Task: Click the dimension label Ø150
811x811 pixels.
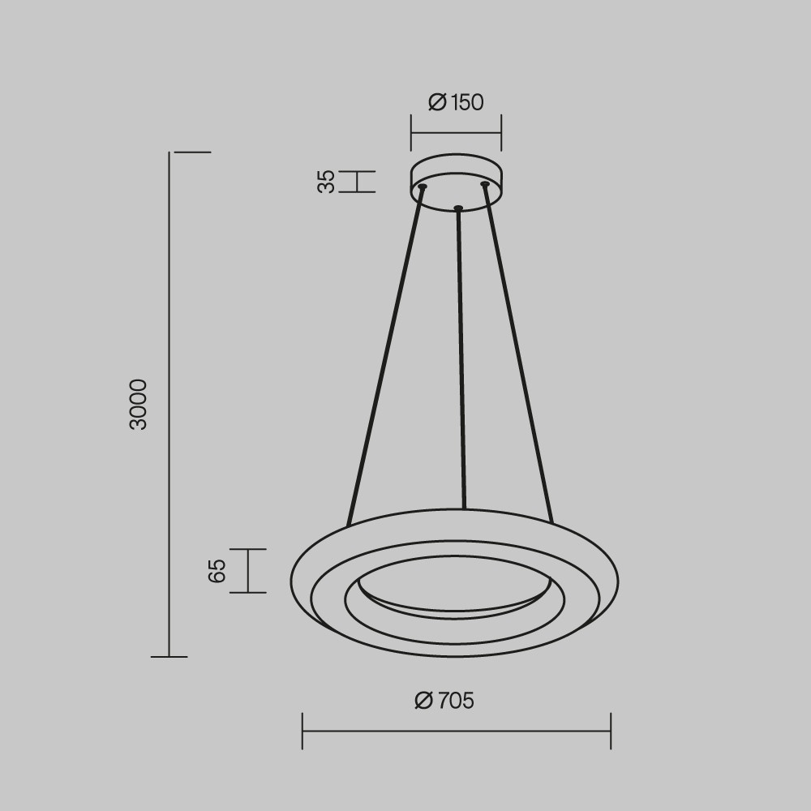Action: [456, 102]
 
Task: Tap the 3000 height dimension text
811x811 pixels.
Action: [139, 404]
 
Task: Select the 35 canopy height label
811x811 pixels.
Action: [326, 182]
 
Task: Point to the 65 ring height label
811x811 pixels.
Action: [217, 571]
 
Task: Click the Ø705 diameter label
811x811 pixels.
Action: [444, 701]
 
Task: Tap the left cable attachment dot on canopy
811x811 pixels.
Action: [423, 187]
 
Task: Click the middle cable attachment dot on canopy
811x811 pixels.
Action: [457, 208]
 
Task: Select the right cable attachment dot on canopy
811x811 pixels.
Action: [485, 183]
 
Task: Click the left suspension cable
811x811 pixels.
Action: [385, 356]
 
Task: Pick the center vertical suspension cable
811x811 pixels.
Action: [461, 358]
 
